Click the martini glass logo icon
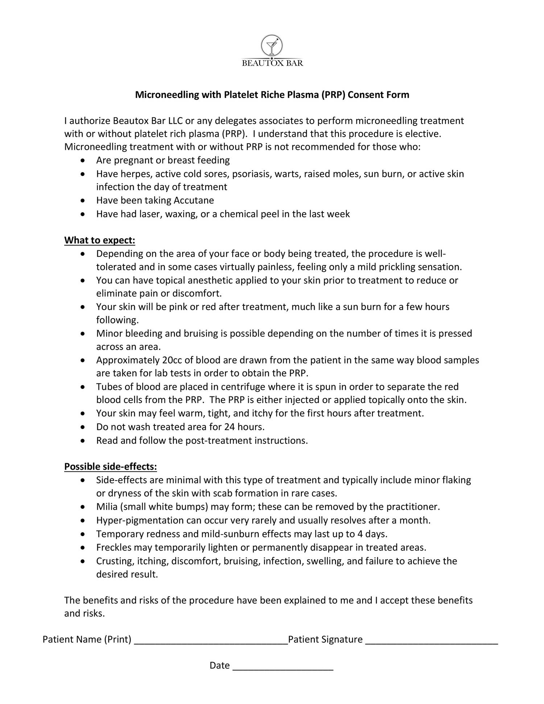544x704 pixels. (272, 46)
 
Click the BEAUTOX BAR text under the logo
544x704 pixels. (272, 63)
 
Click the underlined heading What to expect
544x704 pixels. (100, 240)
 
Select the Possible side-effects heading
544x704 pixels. (111, 466)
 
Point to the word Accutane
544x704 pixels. (194, 201)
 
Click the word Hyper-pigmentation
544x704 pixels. (140, 520)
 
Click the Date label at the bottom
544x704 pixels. (219, 666)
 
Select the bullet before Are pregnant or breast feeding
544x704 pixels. (83, 161)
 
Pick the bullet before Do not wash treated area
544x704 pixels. (83, 427)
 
